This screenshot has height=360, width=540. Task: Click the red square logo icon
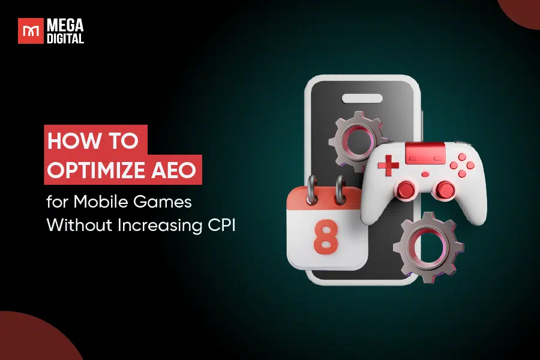point(31,31)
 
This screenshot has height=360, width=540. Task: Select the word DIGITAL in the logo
point(66,38)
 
